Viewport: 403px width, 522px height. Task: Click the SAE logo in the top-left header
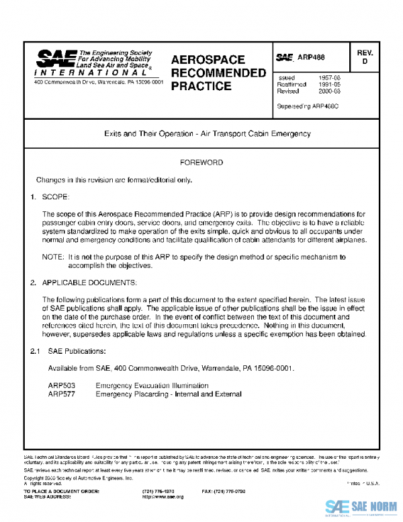pyautogui.click(x=53, y=59)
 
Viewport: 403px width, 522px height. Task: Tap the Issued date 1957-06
pyautogui.click(x=328, y=78)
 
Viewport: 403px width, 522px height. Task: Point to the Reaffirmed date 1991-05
pyautogui.click(x=328, y=85)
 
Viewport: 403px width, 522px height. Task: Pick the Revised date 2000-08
pyautogui.click(x=328, y=91)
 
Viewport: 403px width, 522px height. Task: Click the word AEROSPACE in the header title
pyautogui.click(x=208, y=60)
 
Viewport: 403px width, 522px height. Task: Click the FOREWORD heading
pyautogui.click(x=201, y=163)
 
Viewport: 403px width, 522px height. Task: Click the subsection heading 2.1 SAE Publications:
pyautogui.click(x=67, y=351)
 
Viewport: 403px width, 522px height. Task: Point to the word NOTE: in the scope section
pyautogui.click(x=53, y=257)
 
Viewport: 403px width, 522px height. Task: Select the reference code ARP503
pyautogui.click(x=61, y=385)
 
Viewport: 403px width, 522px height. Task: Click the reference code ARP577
pyautogui.click(x=61, y=394)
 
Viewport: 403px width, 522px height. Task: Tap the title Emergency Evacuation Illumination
pyautogui.click(x=152, y=385)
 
